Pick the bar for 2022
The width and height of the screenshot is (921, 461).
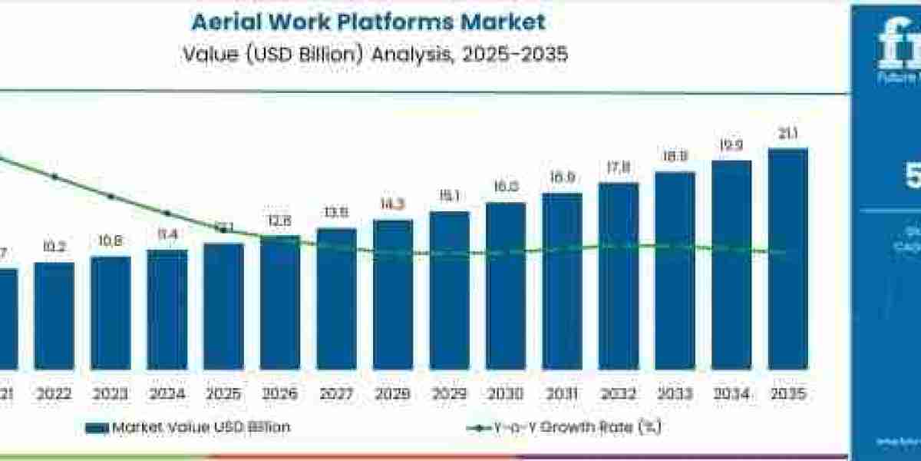54,316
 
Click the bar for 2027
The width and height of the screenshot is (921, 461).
336,299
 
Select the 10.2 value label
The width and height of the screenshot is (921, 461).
54,247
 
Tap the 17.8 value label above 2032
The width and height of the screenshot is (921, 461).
619,168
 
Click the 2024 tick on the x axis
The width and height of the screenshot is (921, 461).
167,393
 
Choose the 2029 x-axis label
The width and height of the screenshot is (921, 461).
449,393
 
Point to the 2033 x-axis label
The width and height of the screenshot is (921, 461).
675,393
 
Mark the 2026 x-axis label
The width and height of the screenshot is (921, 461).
280,393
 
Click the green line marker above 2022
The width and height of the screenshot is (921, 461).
54,177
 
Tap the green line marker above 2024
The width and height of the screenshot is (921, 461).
167,213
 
